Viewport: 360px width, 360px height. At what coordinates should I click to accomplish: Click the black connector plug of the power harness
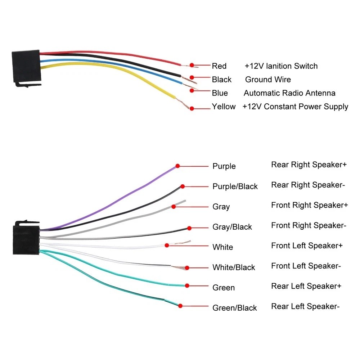click(x=26, y=67)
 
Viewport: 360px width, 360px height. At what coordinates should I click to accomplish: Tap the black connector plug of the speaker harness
click(x=26, y=238)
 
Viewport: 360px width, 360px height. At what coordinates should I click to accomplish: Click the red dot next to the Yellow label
click(x=192, y=108)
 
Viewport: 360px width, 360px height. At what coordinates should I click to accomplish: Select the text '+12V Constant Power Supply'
click(x=295, y=107)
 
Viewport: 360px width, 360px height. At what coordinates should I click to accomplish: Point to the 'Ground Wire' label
click(x=268, y=80)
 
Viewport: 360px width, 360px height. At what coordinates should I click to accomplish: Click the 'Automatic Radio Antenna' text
click(x=289, y=93)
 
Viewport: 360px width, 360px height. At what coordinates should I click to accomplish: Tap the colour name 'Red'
click(x=219, y=66)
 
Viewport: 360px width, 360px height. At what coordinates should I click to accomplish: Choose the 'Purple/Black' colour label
click(x=235, y=186)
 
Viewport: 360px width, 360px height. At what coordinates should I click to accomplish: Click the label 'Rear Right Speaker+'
click(x=309, y=165)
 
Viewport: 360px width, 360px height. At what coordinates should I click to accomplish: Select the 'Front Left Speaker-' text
click(x=306, y=266)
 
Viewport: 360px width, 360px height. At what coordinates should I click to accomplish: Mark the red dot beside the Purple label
click(x=177, y=166)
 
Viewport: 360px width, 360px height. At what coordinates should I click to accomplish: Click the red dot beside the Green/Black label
click(x=180, y=306)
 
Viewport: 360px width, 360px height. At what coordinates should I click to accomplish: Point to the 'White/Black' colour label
click(x=234, y=267)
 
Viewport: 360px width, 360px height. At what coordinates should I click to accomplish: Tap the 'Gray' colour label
click(x=221, y=207)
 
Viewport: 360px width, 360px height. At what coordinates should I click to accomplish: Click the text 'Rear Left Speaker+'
click(x=306, y=286)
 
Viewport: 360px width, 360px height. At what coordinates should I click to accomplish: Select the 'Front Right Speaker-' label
click(x=309, y=225)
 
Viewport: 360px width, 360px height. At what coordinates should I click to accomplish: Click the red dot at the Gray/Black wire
click(x=189, y=228)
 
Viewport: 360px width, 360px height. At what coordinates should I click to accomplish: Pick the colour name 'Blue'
click(x=220, y=93)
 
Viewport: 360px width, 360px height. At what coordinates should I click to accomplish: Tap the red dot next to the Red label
click(x=192, y=65)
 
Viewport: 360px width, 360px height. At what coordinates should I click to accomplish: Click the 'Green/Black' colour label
click(x=235, y=308)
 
